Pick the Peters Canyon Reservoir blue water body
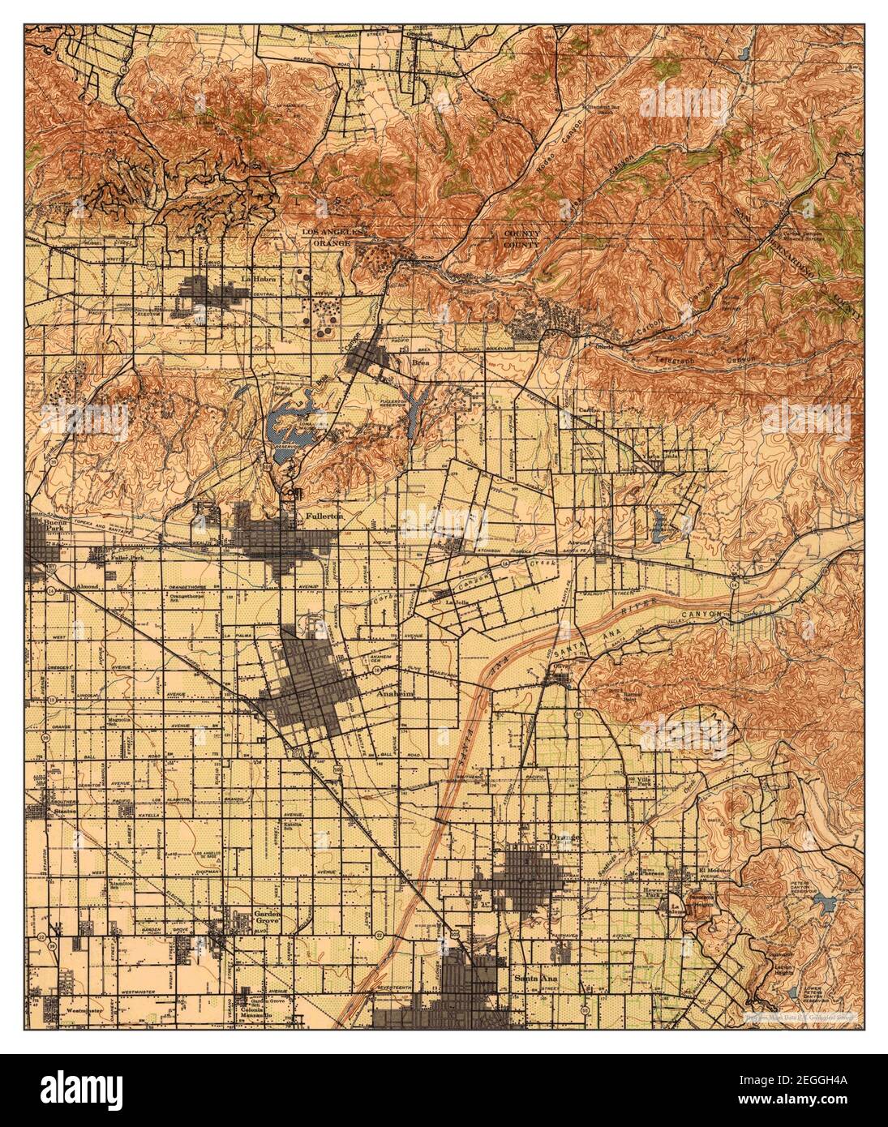click(827, 902)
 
